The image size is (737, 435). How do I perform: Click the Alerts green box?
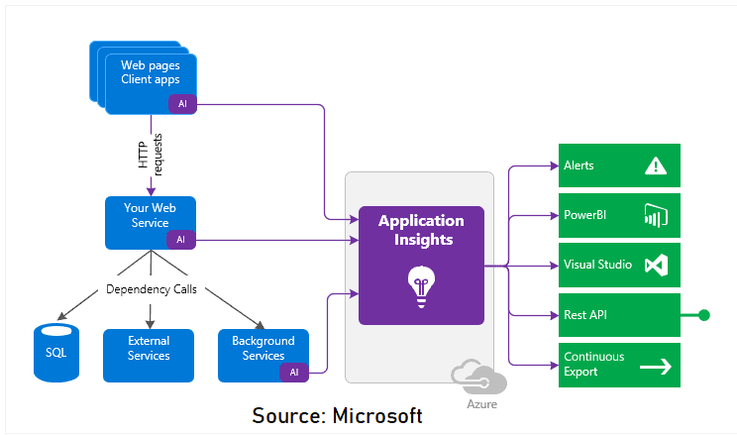[x=618, y=165]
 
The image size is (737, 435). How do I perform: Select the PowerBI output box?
[x=618, y=215]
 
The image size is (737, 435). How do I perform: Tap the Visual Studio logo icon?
[x=655, y=265]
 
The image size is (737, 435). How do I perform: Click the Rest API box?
[x=618, y=315]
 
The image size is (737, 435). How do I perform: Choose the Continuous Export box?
[x=618, y=365]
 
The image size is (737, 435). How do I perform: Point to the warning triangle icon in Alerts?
[x=655, y=165]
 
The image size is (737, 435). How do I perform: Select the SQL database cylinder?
[x=56, y=352]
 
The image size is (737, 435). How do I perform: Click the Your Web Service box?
[x=151, y=222]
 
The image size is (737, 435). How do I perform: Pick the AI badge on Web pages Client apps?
[x=182, y=104]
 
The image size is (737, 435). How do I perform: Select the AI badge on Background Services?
[x=294, y=372]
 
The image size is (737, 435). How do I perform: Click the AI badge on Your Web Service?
[x=180, y=239]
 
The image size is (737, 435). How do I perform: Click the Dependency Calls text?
[x=151, y=290]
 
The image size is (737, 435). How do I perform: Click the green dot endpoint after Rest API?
[x=704, y=315]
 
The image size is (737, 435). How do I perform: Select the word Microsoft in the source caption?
[x=374, y=415]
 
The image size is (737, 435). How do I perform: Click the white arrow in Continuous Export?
[x=655, y=366]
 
